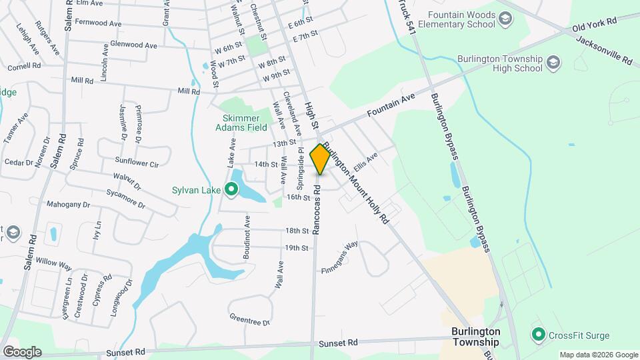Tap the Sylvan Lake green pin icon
coord(231,191)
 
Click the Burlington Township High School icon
coord(553,63)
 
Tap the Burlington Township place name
coord(475,337)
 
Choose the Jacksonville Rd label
coord(603,50)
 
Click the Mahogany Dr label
coord(67,204)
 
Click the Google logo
coord(22,352)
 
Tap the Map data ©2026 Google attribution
coord(598,355)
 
